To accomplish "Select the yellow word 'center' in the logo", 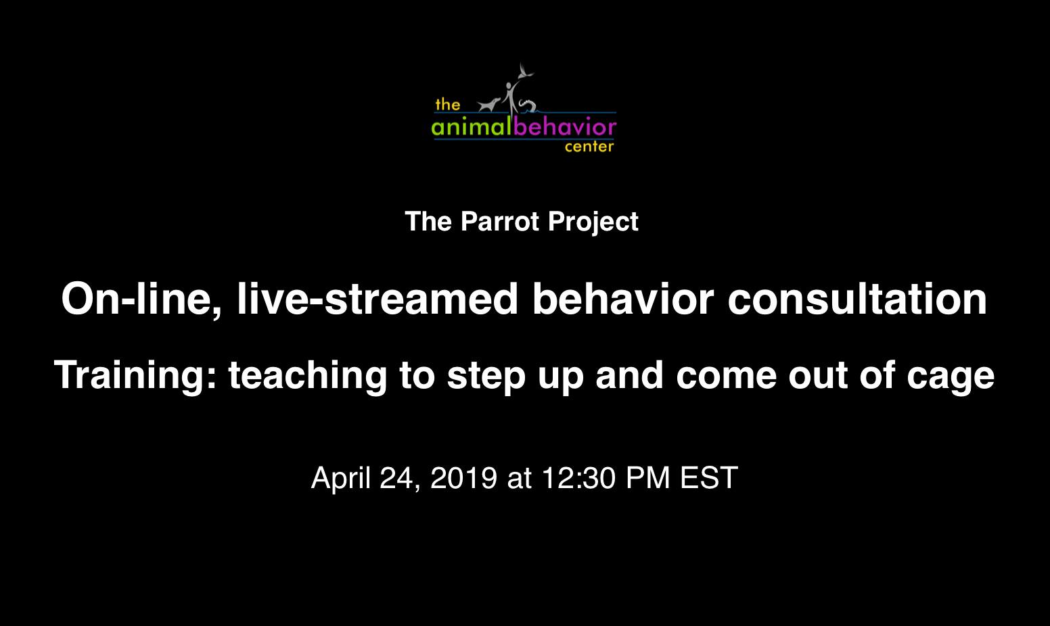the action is coord(589,147).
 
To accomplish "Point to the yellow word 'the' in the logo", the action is coord(448,105).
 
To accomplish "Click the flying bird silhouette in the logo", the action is coord(526,72).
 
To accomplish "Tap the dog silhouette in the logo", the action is coord(489,105).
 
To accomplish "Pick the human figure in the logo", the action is coord(511,97).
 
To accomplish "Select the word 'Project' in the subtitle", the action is coord(593,222).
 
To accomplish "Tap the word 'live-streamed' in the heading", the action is coord(378,299).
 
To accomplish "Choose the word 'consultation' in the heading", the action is coord(857,299).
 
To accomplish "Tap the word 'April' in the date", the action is coord(341,479).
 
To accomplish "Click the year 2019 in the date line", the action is coord(463,478).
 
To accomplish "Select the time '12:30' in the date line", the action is coord(578,478).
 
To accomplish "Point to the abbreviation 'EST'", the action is coord(709,478).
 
